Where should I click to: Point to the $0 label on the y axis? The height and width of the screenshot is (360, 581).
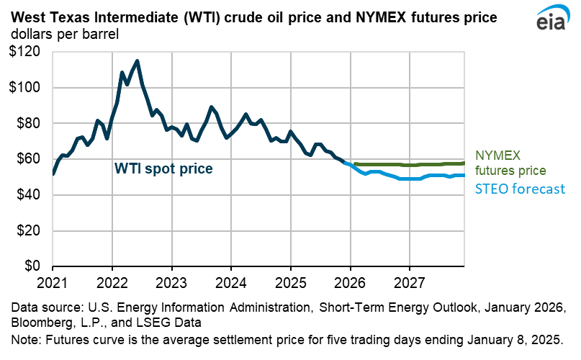(32, 266)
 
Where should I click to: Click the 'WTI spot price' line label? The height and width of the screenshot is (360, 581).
(163, 169)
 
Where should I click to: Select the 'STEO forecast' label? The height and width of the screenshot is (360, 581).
(519, 189)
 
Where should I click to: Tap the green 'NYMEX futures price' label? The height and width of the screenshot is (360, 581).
(511, 163)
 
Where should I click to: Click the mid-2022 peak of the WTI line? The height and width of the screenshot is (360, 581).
(138, 61)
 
